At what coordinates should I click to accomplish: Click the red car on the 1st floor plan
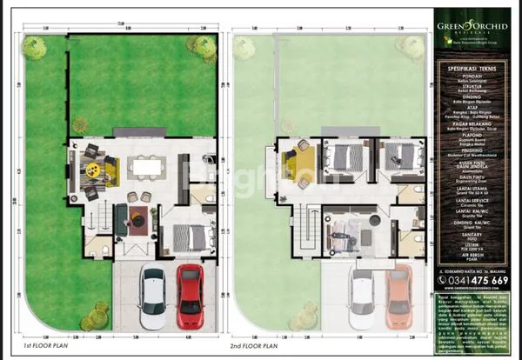190,295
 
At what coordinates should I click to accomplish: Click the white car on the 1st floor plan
152,296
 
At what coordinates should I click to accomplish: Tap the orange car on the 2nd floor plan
398,295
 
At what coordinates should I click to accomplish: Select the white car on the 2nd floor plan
362,296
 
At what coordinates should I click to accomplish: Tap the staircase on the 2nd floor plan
306,230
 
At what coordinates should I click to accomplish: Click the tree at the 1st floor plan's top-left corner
35,48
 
